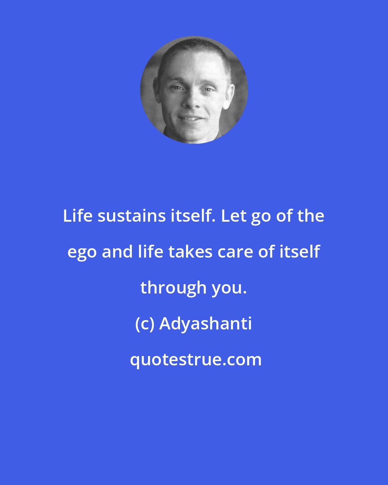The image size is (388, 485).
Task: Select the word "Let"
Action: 233,216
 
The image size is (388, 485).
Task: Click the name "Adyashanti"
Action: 205,324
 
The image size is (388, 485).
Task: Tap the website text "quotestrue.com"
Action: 196,360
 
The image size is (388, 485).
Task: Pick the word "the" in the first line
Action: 311,216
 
